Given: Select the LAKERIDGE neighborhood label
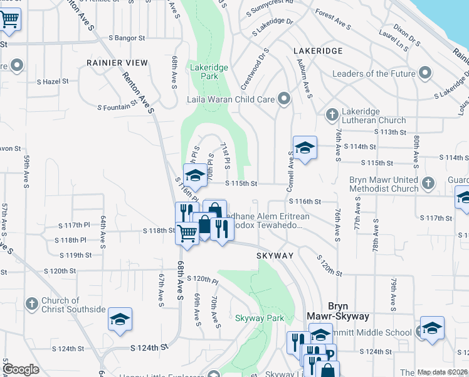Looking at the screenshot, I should [x=317, y=50].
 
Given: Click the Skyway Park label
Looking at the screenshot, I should [x=260, y=319].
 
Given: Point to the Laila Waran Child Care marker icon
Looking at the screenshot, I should [x=285, y=99].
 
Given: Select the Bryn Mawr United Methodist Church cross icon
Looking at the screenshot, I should [x=428, y=183].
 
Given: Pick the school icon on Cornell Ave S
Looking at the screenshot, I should [x=305, y=148].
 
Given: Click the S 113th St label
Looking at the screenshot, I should [x=391, y=132].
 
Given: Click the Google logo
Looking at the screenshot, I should [x=21, y=369].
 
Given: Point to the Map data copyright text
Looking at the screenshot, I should [x=442, y=372].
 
